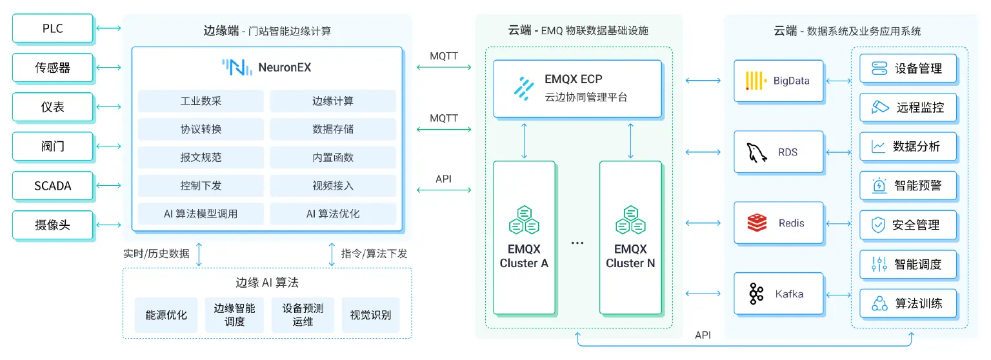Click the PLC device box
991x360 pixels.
[53, 28]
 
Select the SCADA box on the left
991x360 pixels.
[53, 186]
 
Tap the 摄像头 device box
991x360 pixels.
[53, 225]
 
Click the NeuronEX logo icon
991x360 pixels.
[237, 67]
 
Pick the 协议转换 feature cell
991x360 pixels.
[201, 129]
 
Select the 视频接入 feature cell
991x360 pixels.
[332, 186]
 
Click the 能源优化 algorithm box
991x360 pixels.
[166, 315]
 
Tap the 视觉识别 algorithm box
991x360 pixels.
[370, 315]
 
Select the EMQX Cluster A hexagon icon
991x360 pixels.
[523, 220]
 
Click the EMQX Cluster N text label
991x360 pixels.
[630, 256]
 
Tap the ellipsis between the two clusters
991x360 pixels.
[577, 243]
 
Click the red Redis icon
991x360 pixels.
[757, 223]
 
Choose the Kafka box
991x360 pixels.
[779, 294]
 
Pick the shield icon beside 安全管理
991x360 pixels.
[878, 225]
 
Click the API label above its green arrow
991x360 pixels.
[443, 179]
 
